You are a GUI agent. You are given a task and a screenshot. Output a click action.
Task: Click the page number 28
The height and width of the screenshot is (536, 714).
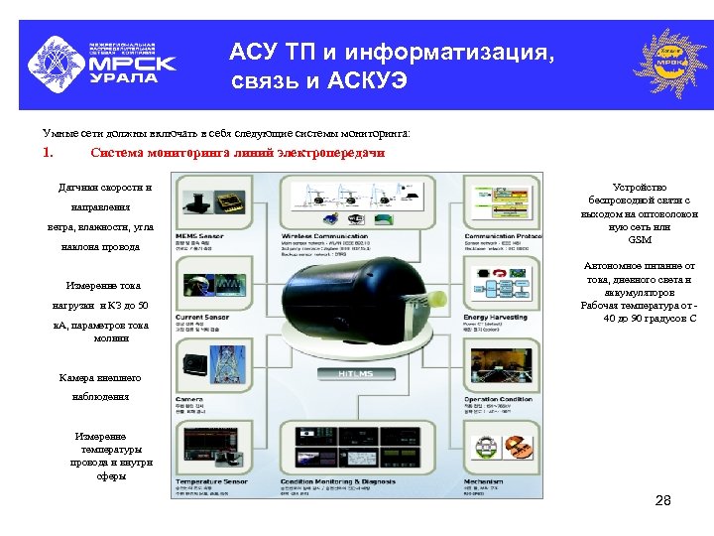point(663,500)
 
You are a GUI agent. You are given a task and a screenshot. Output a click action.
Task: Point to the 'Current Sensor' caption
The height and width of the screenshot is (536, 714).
point(202,316)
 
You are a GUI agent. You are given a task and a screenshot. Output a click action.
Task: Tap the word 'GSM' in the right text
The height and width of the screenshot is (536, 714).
point(641,239)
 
